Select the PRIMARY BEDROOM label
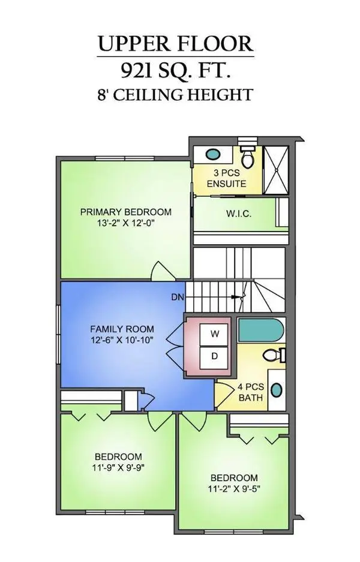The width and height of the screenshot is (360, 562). pyautogui.click(x=126, y=212)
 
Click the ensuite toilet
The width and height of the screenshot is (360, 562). pyautogui.click(x=247, y=157)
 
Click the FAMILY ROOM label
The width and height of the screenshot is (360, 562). pyautogui.click(x=122, y=329)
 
